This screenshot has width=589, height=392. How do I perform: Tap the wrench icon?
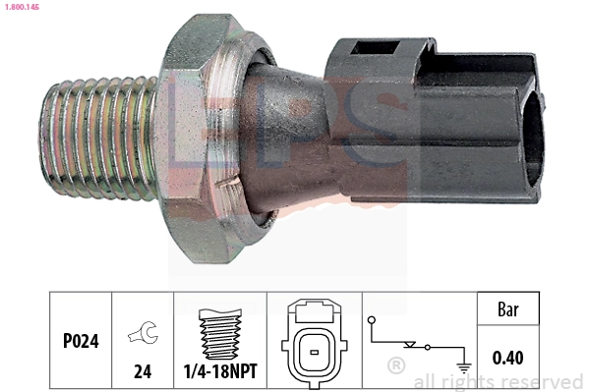point(142,337)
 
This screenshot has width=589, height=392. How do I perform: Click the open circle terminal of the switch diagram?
point(371,321)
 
